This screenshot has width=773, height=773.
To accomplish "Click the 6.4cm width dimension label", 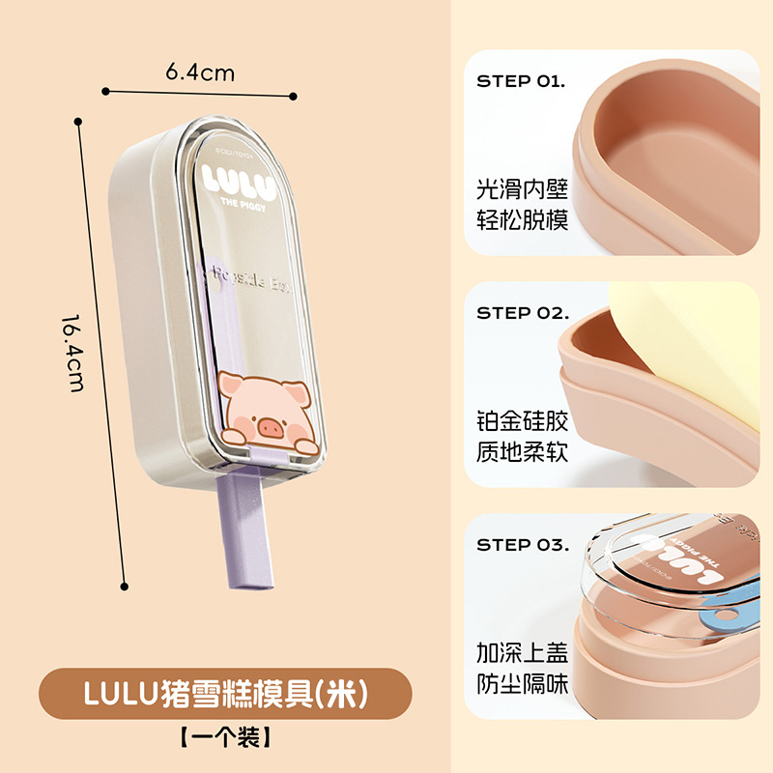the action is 200,72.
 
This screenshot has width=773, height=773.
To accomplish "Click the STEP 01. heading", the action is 521,81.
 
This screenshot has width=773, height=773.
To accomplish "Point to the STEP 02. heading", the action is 522,313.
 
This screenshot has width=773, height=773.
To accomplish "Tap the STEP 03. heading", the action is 522,545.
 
